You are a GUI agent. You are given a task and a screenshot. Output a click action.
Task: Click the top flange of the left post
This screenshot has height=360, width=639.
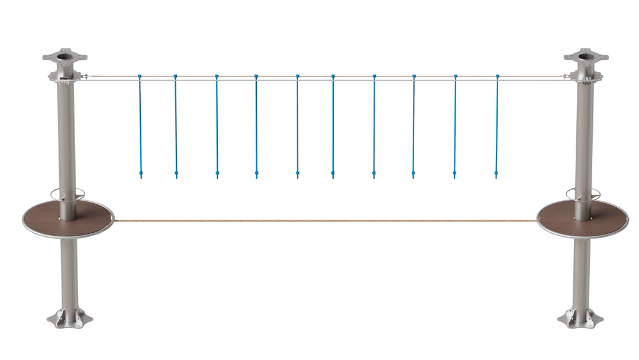point(65,59)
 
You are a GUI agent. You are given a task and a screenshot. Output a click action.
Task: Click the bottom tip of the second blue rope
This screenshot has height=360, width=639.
point(176,175)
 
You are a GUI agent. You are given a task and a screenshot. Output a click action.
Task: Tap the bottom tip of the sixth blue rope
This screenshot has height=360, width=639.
point(333,175)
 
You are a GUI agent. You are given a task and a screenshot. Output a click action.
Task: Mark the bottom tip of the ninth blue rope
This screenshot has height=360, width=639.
point(455,175)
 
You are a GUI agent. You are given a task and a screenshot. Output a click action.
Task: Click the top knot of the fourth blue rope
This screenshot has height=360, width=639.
point(256,76)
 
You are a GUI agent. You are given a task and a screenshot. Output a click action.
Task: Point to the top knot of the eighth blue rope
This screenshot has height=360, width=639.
point(414,76)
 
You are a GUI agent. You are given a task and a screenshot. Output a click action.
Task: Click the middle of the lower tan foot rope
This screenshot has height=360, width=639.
point(325,220)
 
